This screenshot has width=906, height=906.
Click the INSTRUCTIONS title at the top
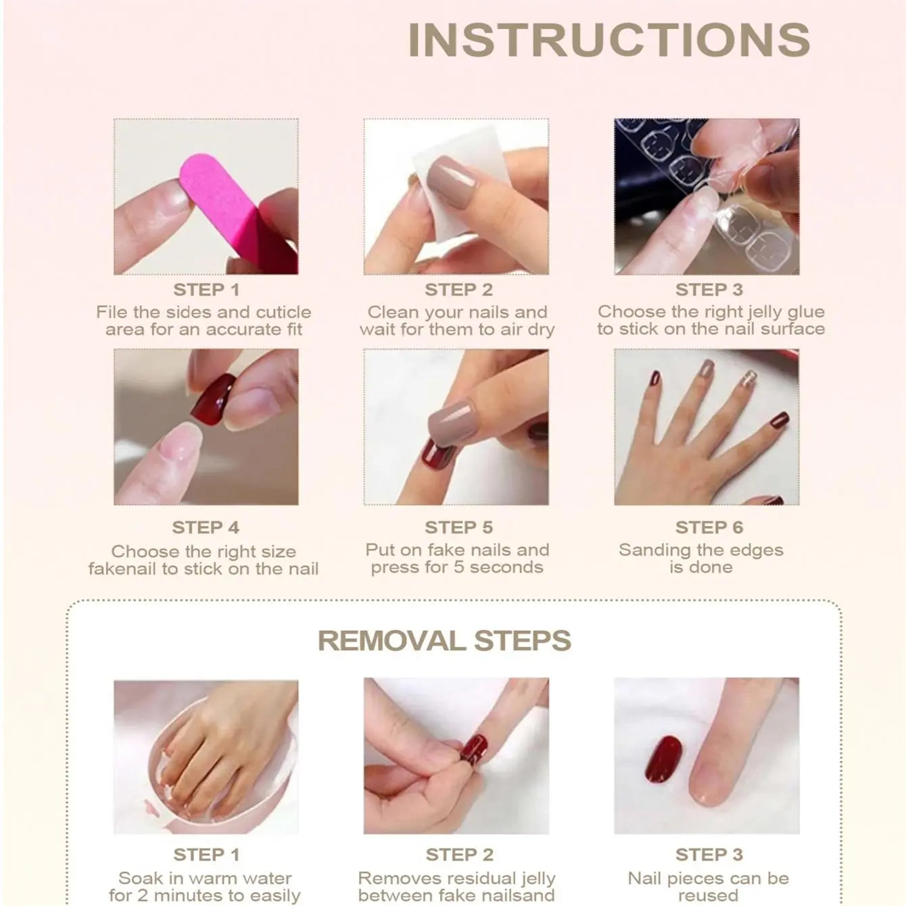coord(609,41)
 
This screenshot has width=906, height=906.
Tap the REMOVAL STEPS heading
coord(444,640)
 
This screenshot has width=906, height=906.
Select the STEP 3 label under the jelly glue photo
coord(709,289)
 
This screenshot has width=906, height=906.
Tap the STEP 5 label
coord(459,527)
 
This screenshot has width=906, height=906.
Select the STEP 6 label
coord(709,527)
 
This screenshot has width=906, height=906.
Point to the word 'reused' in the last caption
coord(708,895)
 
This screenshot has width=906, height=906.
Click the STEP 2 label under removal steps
coord(459,855)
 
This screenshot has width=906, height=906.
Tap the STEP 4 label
coord(206,527)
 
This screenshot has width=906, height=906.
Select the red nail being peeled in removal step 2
coord(473,749)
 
